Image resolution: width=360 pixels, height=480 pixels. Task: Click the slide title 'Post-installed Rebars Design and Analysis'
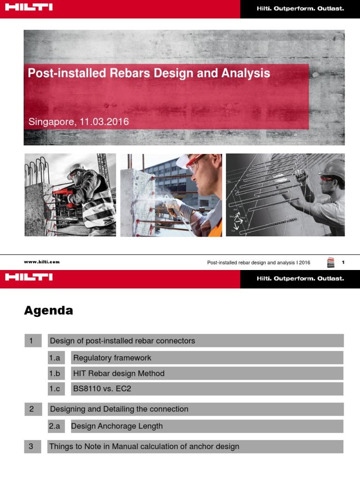coord(149,74)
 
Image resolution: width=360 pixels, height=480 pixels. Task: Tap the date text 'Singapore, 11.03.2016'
coord(79,122)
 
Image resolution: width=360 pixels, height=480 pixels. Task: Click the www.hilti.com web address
coord(42,262)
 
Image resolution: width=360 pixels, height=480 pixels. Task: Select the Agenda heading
coord(49,310)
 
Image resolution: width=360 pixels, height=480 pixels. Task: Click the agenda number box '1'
coord(31,341)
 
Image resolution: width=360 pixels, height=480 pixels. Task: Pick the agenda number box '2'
coord(32,409)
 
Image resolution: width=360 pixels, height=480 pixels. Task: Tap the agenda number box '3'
coord(31,446)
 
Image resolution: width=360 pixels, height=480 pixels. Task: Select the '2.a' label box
coord(55,426)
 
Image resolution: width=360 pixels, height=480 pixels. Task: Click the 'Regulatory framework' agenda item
coord(112,358)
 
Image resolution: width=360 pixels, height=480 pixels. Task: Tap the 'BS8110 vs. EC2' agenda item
coord(102,389)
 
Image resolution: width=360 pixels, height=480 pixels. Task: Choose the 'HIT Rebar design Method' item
coord(119,374)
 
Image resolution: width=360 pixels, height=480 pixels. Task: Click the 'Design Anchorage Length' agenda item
coord(117,426)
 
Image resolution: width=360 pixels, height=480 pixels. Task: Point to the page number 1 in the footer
coord(343,262)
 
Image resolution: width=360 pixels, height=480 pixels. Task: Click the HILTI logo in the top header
coord(29,7)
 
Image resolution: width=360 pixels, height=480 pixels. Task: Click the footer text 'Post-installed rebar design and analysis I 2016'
coord(259,262)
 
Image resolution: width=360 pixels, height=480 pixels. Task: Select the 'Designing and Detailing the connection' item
coord(119,409)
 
